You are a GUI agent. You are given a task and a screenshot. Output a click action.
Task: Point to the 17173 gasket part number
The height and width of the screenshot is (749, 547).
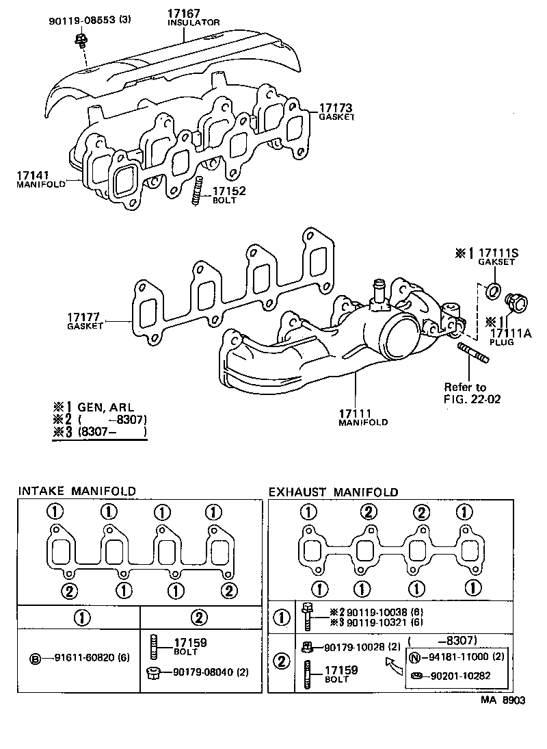pos(335,107)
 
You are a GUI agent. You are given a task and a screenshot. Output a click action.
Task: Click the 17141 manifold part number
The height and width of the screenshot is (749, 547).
pos(32,175)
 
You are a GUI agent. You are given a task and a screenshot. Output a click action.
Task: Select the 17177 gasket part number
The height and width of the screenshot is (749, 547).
pos(84,317)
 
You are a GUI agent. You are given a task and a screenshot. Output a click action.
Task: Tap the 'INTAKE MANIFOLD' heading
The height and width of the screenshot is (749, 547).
pos(77,491)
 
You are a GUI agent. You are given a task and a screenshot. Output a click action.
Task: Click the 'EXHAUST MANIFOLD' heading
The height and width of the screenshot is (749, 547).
pos(333,492)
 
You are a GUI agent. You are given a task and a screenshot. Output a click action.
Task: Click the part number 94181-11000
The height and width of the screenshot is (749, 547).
pos(454,656)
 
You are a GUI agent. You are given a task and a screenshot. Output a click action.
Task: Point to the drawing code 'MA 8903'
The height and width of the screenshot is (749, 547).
pos(503,700)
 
